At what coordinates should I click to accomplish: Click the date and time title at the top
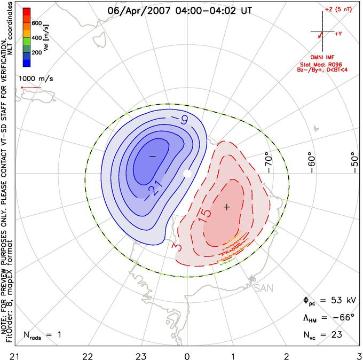point(180,11)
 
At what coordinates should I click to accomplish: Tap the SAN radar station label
point(264,288)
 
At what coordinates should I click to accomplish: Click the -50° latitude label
point(355,162)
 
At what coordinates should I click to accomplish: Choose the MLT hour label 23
point(141,357)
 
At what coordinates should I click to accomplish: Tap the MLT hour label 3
point(359,357)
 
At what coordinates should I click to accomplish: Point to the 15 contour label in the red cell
point(204,216)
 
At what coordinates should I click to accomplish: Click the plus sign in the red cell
point(227,207)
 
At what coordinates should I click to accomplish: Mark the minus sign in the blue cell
point(153,156)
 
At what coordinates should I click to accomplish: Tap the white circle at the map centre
point(187,174)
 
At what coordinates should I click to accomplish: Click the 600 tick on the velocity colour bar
point(37,23)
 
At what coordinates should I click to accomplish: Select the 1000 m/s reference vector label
point(36,79)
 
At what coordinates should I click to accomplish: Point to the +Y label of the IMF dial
point(338,34)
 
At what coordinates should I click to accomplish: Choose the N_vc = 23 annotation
point(323,335)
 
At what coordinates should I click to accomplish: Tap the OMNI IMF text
point(322,57)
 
